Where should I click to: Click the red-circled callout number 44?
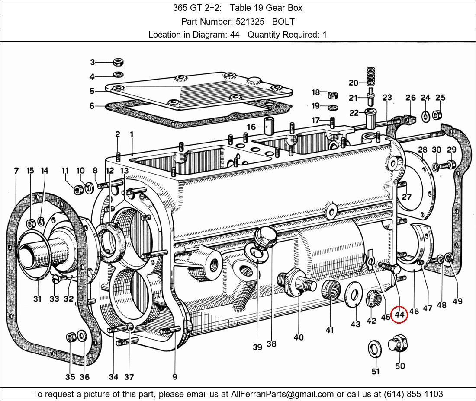[399, 315]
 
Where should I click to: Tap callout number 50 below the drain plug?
[400, 366]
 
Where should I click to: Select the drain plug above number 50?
[399, 344]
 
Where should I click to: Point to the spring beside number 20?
[370, 76]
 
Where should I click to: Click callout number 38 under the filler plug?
[271, 344]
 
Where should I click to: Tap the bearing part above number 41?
[330, 289]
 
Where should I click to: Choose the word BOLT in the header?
[283, 21]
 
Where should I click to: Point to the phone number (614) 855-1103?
[413, 394]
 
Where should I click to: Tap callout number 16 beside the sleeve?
[251, 127]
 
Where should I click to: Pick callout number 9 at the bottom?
[174, 377]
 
